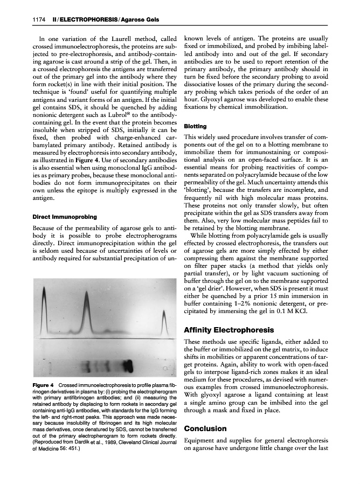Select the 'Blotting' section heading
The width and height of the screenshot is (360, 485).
(x=195, y=126)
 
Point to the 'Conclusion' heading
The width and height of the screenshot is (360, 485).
(x=205, y=428)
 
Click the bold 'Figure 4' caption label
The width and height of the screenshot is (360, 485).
(x=43, y=386)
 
